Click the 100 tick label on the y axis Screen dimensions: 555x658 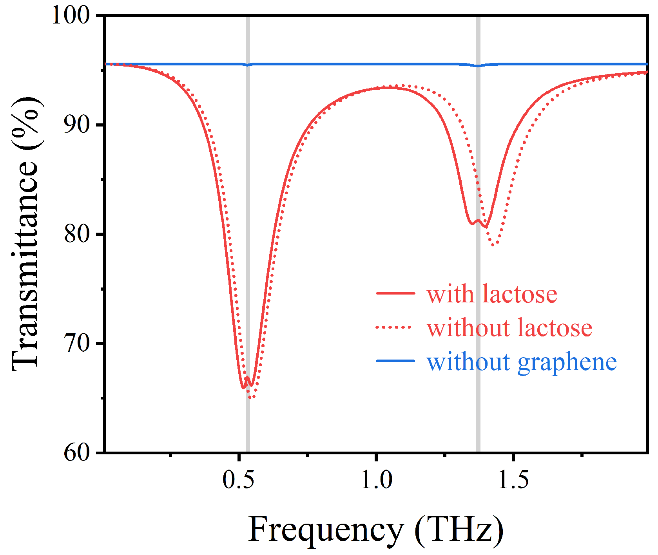point(71,16)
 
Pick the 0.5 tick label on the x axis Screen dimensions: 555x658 point(238,480)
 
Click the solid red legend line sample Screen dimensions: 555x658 point(395,293)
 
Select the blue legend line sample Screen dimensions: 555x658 point(395,361)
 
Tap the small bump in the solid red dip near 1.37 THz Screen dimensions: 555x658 point(478,221)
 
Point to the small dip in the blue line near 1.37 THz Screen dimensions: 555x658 point(478,66)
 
